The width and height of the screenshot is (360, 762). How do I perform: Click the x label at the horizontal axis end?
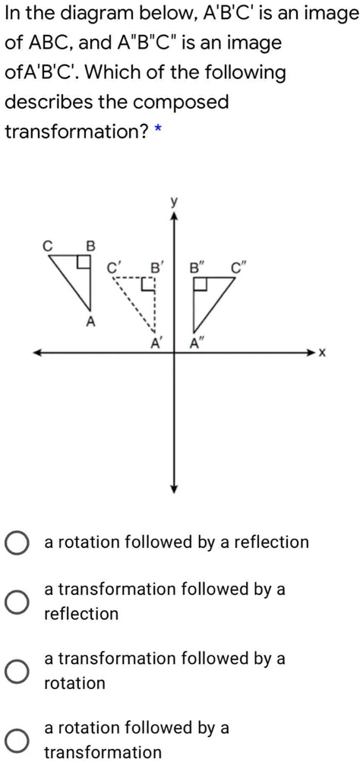pos(323,353)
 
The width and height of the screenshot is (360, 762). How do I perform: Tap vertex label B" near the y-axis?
pos(196,267)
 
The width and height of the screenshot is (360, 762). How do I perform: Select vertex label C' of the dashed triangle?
pos(113,267)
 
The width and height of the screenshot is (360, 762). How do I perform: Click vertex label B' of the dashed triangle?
pos(155,267)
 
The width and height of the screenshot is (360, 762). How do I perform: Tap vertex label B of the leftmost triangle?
pos(91,245)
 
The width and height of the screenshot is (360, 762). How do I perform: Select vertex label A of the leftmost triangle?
pos(90,322)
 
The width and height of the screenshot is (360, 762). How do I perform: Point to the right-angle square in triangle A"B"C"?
pos(201,285)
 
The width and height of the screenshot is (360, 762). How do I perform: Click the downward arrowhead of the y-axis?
pos(174,489)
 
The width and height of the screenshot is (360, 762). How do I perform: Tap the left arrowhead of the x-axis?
pos(36,353)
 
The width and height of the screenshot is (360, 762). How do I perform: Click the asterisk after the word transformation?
pos(157,131)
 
